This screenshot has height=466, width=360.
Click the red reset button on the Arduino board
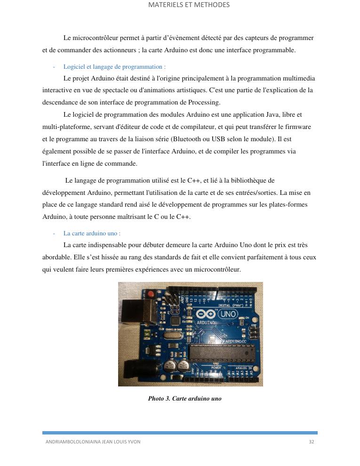[x=151, y=295]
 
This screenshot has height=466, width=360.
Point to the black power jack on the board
[x=131, y=368]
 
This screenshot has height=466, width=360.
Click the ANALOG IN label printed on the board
[x=243, y=367]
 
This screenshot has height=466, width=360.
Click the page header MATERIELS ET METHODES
[x=189, y=5]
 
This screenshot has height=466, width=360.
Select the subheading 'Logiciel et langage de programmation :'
[x=114, y=67]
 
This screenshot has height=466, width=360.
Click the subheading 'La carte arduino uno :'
[x=92, y=233]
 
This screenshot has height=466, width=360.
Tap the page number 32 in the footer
[x=312, y=442]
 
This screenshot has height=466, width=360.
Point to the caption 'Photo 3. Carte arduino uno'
[x=184, y=398]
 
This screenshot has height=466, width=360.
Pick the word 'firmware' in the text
[x=299, y=127]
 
